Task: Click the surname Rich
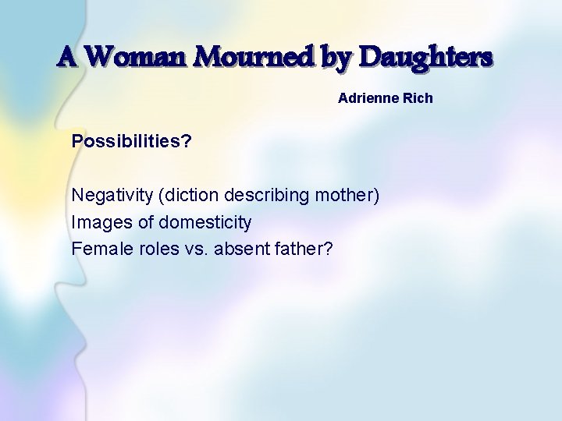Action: click(x=418, y=99)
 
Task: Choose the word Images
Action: click(x=102, y=222)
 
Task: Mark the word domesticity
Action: click(x=205, y=223)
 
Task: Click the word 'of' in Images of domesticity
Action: click(x=146, y=222)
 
